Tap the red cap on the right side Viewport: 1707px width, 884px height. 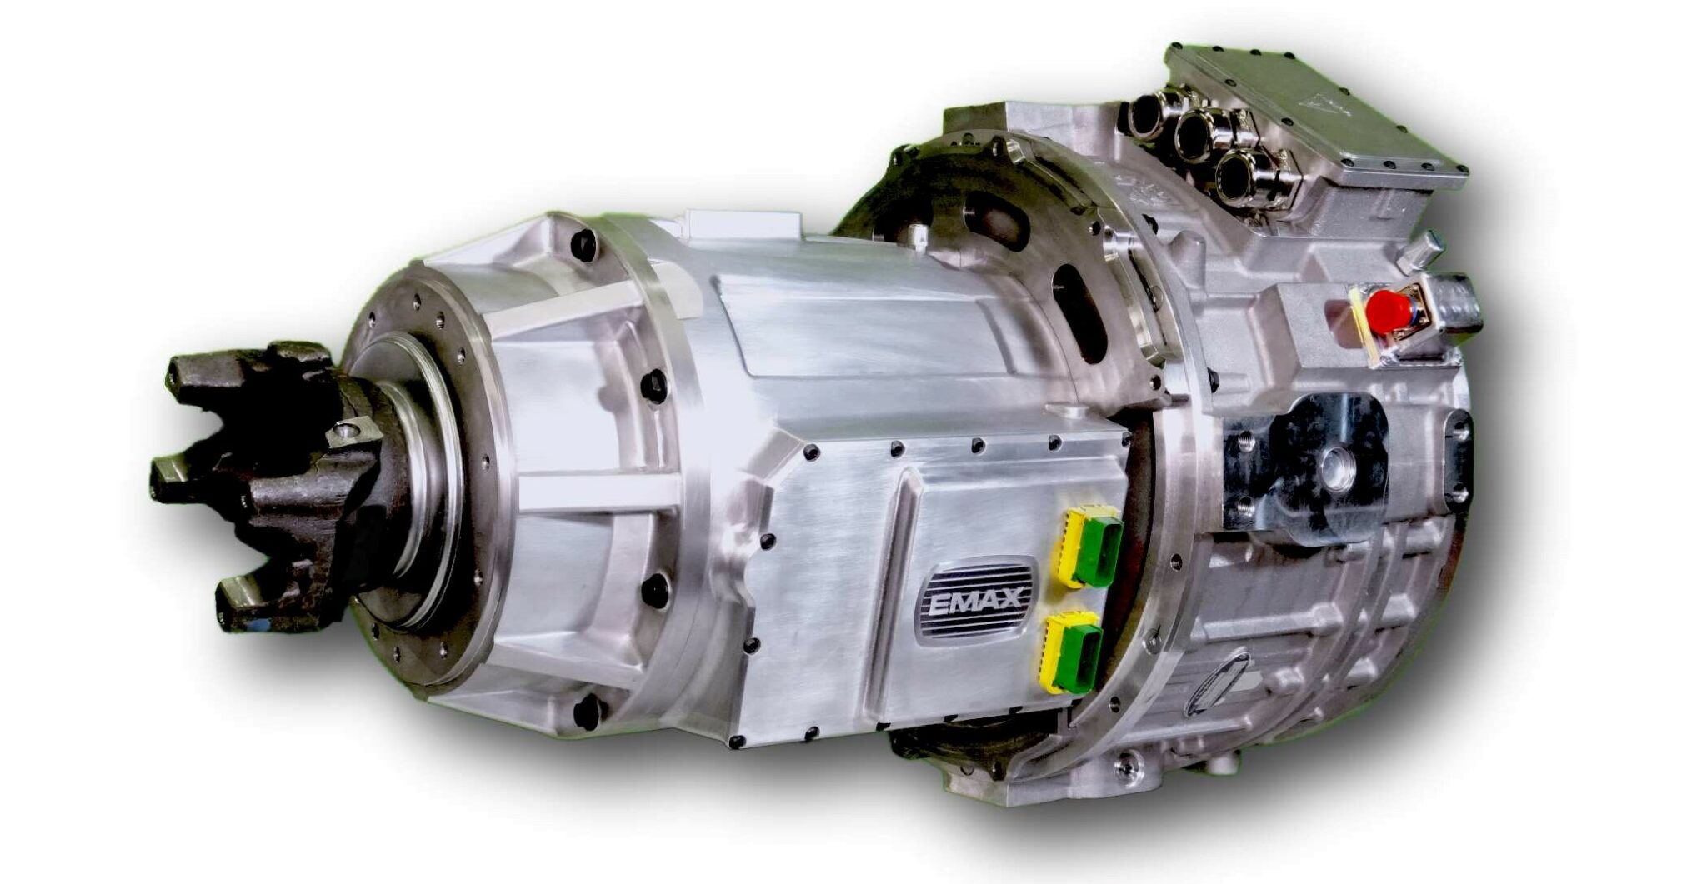coord(1387,311)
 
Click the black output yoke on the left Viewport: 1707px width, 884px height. coord(267,483)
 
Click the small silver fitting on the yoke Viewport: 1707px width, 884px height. coord(345,432)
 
